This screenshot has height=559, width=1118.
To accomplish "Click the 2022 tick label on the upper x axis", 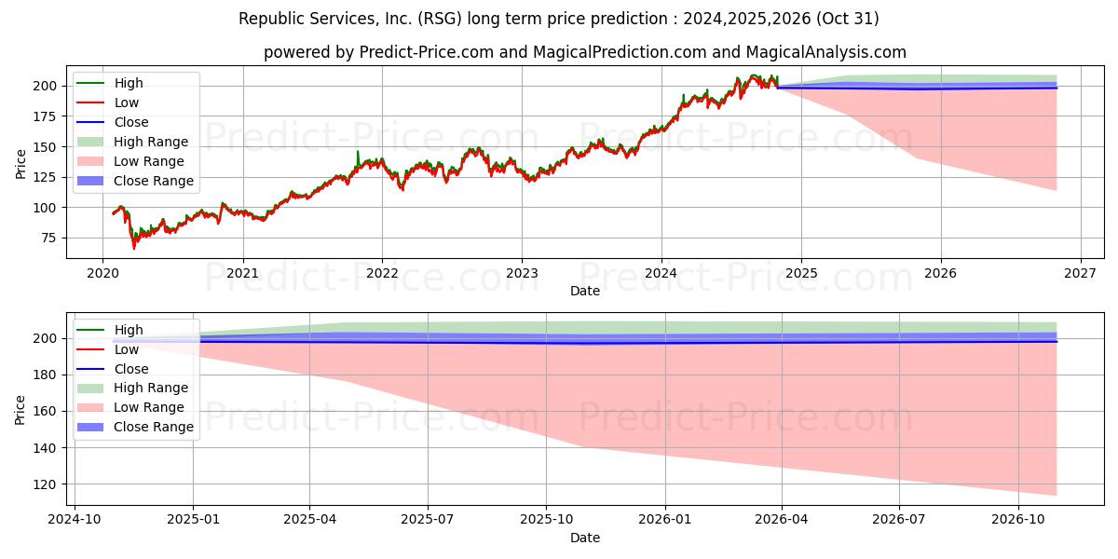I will point(382,273).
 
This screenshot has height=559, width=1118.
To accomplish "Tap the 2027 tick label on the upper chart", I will point(1080,273).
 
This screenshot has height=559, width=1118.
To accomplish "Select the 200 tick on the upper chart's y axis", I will point(48,86).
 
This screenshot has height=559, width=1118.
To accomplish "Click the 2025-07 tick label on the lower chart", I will point(428,519).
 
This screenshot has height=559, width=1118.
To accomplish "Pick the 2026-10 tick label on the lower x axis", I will point(1018,519).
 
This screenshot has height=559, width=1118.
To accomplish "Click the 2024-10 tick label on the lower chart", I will point(75,519).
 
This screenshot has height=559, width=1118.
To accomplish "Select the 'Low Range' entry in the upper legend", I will point(150,161).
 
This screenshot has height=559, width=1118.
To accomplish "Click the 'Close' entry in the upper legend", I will point(131,122).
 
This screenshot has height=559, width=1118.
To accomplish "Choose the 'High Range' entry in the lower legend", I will point(151,388).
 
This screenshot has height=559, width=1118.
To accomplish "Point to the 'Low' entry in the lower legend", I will point(128,348).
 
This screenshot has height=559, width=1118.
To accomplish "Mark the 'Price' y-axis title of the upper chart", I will point(21,163).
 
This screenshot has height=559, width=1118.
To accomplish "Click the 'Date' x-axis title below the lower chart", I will point(584,538).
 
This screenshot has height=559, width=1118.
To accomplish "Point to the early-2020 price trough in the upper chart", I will point(133,248).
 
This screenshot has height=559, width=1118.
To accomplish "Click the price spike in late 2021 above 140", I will point(358,151).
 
